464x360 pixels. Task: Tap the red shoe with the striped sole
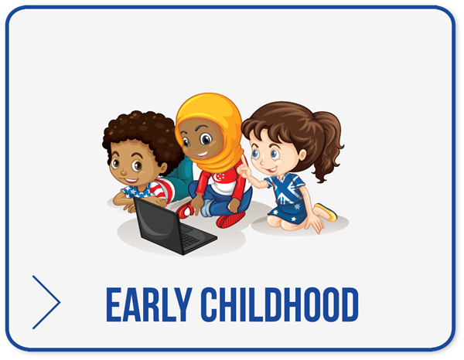click(230, 219)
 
